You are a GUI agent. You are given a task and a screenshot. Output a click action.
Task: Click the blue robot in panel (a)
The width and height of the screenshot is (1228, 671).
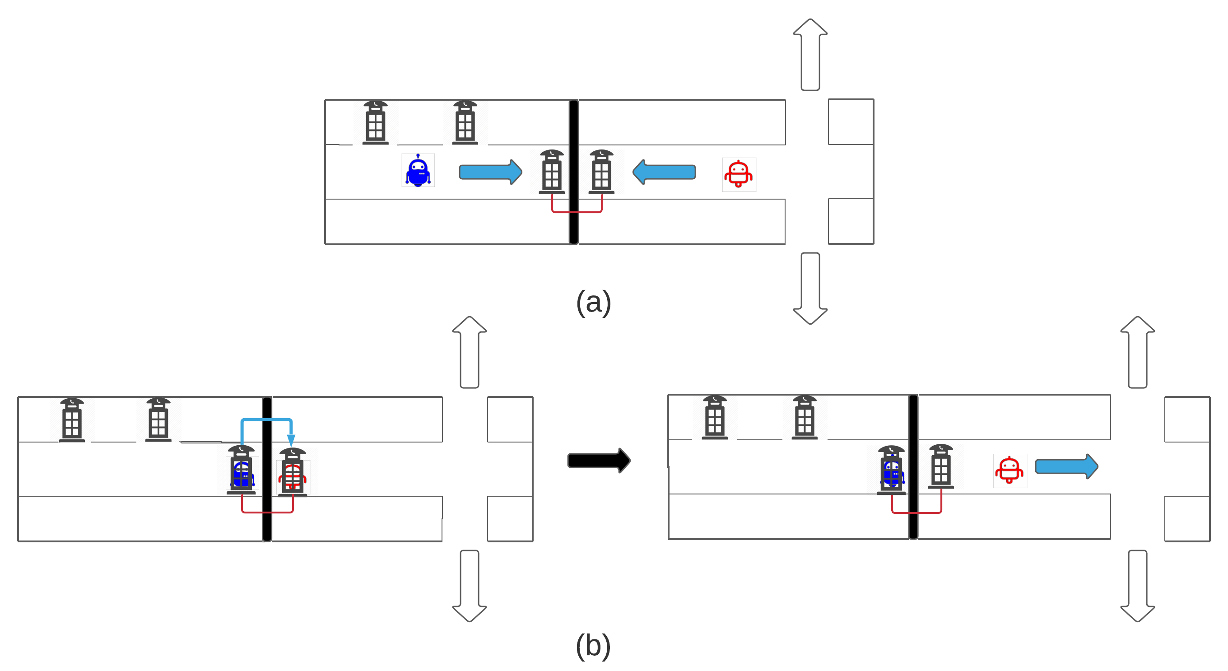[418, 171]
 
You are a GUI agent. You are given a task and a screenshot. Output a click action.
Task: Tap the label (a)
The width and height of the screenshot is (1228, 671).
[593, 303]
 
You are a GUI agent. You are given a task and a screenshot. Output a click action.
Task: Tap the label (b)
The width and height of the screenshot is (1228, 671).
[593, 646]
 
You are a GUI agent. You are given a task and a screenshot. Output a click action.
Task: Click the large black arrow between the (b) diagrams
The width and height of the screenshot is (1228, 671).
[599, 460]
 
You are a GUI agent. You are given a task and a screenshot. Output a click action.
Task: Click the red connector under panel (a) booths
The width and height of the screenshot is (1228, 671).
[577, 211]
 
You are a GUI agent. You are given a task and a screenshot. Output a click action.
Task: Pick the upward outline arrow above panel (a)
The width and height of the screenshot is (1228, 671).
[810, 55]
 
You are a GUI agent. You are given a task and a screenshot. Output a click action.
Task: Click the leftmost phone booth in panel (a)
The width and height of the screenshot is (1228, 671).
[375, 122]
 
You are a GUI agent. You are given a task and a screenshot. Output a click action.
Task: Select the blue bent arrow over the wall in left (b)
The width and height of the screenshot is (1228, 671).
[266, 420]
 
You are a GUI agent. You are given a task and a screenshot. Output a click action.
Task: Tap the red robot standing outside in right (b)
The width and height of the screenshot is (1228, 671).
[1009, 470]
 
